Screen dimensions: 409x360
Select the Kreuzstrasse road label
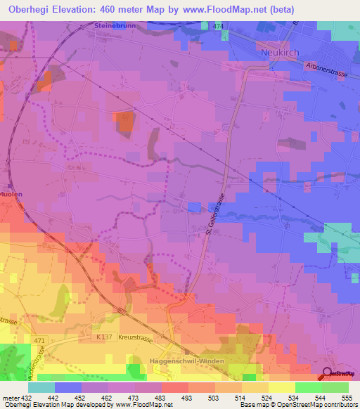click(136, 337)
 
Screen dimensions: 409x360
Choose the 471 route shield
click(40, 340)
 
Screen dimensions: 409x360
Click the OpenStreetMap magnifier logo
click(327, 373)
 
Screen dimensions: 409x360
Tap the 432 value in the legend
click(27, 397)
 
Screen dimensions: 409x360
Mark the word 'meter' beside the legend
click(10, 397)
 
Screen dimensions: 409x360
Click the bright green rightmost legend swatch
click(335, 387)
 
